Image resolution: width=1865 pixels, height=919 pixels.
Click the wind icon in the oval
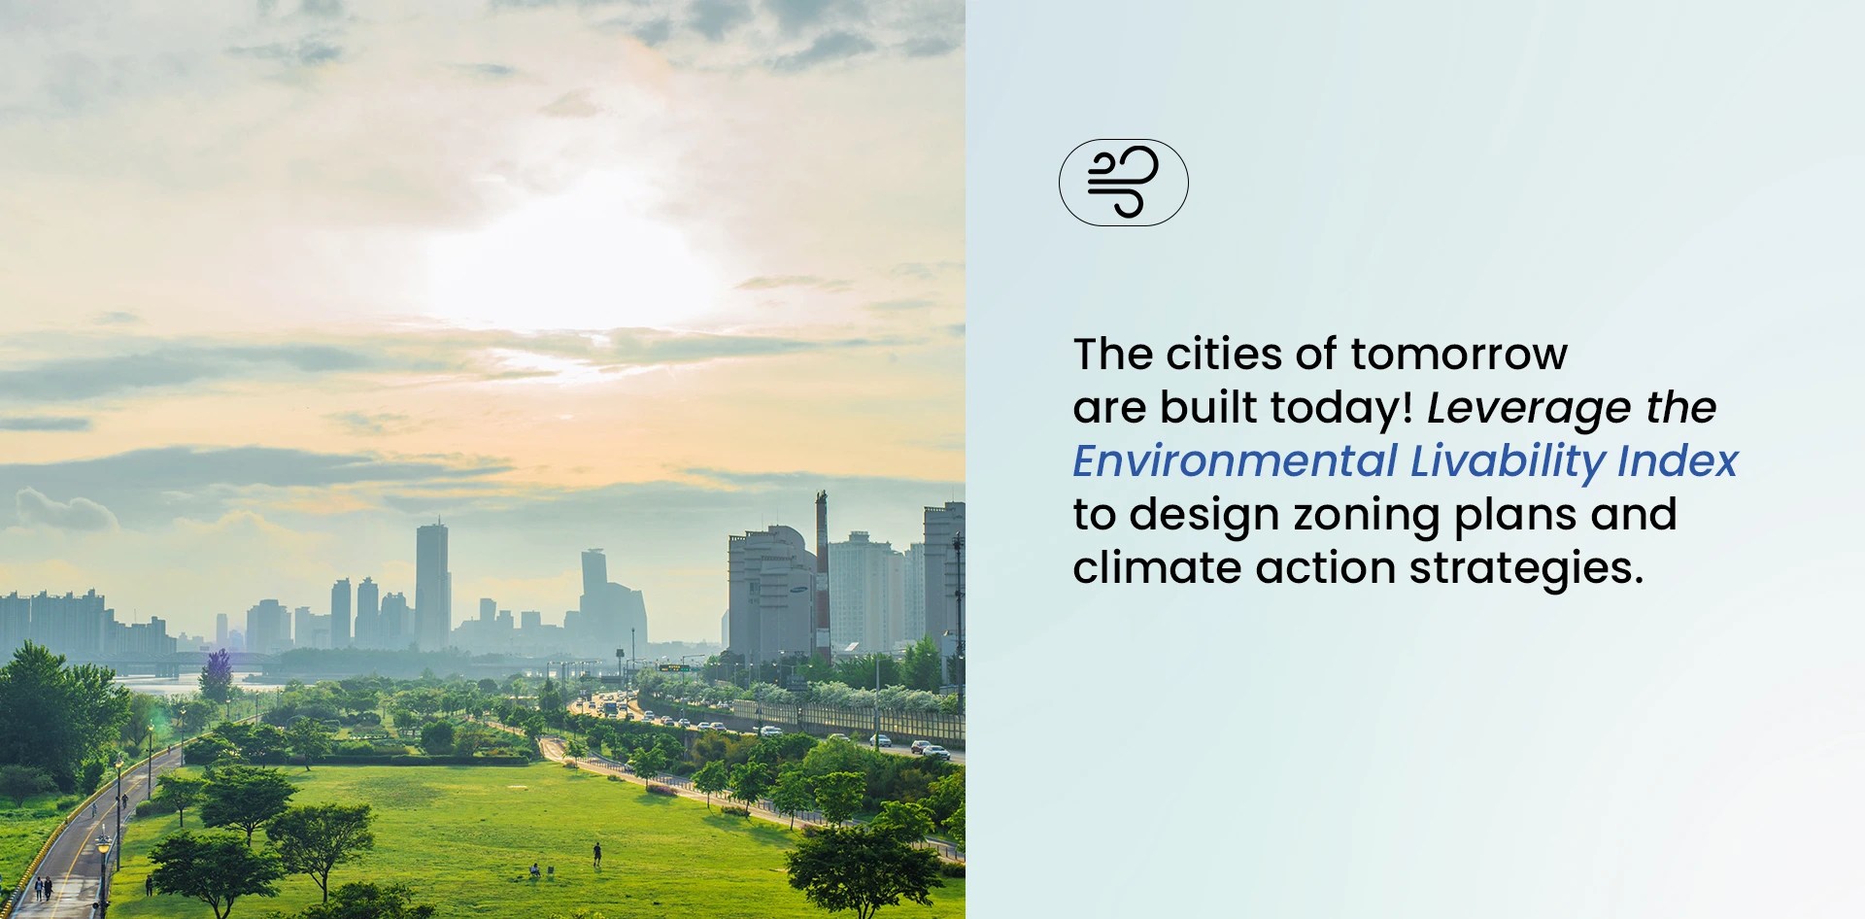1123,183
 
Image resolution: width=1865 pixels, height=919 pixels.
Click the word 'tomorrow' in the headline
1458,355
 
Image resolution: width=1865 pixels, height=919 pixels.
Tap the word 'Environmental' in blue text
1235,461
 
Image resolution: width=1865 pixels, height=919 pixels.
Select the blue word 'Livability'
1507,461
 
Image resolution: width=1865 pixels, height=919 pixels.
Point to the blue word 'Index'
1677,461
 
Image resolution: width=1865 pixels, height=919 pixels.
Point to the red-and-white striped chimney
822,573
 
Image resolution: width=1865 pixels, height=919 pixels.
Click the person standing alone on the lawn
596,854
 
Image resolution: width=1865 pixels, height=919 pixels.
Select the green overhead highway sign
672,668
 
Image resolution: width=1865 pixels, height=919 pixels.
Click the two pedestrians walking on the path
43,887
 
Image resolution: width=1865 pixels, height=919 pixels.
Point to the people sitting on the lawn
534,870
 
